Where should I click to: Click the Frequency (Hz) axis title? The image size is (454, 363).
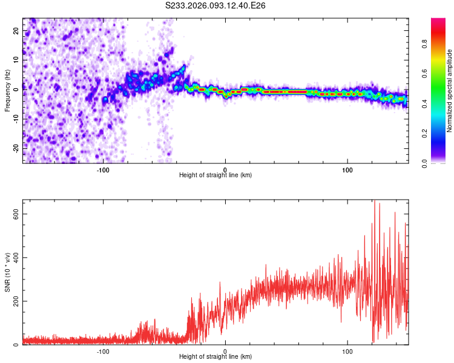click(x=8, y=91)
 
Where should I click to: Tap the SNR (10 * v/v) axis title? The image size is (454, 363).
click(x=8, y=272)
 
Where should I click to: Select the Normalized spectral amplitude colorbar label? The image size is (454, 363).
click(x=450, y=91)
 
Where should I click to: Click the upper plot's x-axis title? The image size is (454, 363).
click(x=215, y=175)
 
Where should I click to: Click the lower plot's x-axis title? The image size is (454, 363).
click(x=215, y=356)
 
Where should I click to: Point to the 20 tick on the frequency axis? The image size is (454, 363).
click(x=16, y=30)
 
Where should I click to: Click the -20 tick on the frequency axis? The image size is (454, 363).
click(x=16, y=148)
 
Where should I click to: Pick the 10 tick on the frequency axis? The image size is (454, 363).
click(x=16, y=60)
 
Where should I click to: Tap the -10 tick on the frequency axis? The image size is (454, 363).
click(x=16, y=119)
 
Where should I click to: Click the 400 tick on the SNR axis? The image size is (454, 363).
click(x=16, y=258)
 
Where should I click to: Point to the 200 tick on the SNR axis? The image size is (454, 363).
click(x=16, y=301)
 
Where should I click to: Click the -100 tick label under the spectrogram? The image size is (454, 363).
click(x=103, y=169)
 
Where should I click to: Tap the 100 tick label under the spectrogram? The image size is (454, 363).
click(x=347, y=169)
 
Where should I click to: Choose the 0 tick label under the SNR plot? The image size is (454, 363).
click(x=225, y=350)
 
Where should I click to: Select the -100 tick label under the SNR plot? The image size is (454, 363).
click(x=103, y=350)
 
